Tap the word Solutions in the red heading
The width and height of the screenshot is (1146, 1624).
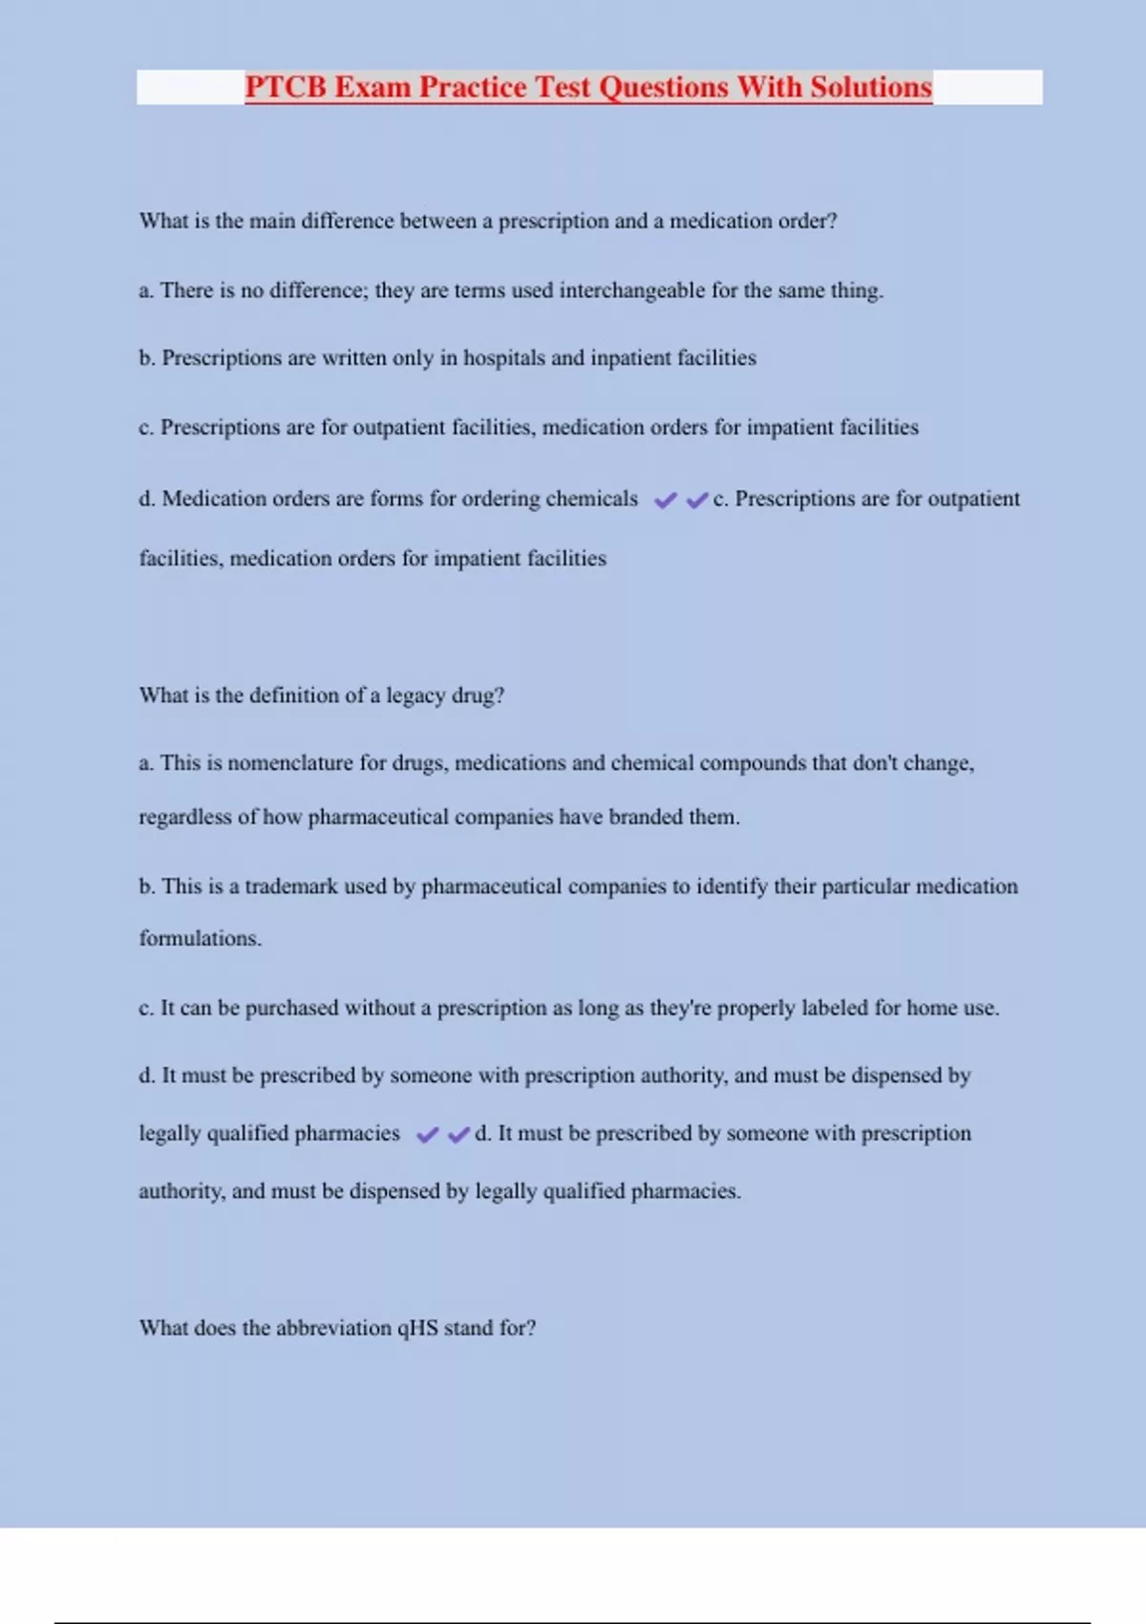(x=871, y=87)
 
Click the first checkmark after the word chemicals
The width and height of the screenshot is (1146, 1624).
(x=666, y=500)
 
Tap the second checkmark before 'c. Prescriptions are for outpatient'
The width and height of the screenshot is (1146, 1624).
(x=697, y=500)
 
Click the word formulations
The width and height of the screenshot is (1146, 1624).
(x=200, y=939)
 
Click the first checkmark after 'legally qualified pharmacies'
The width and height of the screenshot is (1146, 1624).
(x=427, y=1135)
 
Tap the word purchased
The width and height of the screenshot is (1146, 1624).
(x=291, y=1008)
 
